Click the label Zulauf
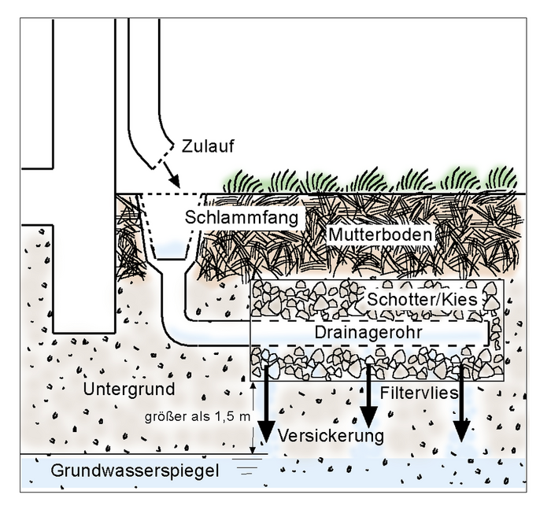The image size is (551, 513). (208, 146)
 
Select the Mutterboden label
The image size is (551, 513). (380, 235)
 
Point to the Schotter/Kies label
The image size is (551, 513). (421, 300)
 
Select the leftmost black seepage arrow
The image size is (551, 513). (266, 409)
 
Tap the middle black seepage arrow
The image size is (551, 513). (368, 401)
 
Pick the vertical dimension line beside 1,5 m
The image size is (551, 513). (253, 417)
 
